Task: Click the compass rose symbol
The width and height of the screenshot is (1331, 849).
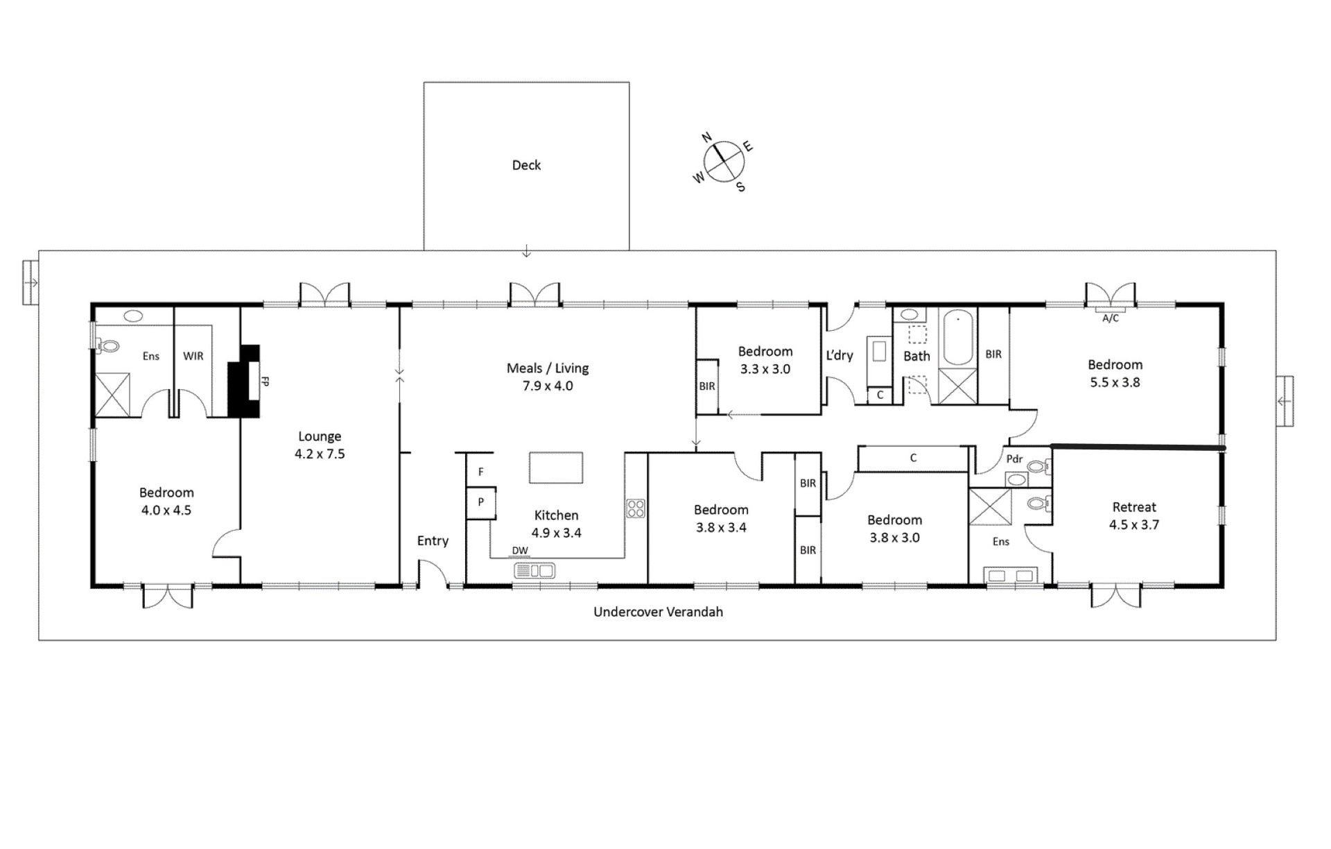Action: pos(724,161)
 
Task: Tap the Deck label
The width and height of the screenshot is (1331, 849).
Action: pos(526,165)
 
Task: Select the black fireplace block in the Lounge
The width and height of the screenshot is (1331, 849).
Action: pos(244,381)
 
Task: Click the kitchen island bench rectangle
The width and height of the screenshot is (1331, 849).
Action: pos(556,468)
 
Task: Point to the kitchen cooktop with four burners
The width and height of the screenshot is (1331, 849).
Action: pos(636,508)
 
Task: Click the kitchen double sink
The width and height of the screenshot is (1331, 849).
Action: pos(534,571)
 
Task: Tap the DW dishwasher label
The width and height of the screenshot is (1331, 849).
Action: pos(520,551)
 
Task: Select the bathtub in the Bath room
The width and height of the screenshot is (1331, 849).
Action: pos(958,337)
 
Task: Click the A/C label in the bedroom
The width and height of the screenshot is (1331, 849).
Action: pos(1111,318)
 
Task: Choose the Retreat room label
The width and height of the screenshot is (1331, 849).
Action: pos(1134,507)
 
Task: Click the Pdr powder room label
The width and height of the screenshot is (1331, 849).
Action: pos(1014,459)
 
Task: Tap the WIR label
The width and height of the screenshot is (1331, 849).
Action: pos(193,356)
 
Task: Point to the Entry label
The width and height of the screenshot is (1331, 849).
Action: pos(433,541)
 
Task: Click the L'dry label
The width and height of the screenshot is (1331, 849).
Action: pos(840,355)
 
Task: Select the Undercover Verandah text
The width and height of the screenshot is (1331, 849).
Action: pos(658,612)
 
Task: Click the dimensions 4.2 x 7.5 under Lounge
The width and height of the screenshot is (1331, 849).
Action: pos(320,454)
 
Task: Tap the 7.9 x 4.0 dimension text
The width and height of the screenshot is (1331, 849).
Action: pos(548,386)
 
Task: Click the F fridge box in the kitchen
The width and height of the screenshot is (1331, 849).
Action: pos(480,471)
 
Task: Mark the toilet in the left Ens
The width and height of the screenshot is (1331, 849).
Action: pos(108,344)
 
